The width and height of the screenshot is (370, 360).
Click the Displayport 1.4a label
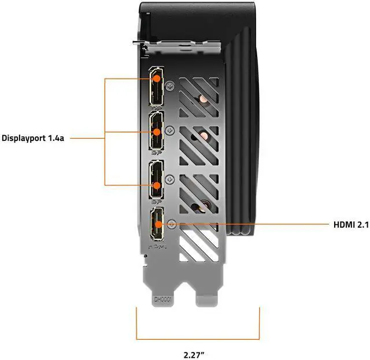click(x=32, y=138)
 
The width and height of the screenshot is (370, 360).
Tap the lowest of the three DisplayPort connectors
click(x=157, y=182)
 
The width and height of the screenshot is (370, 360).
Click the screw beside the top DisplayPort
click(x=170, y=85)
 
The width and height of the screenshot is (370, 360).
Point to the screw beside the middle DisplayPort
click(x=170, y=130)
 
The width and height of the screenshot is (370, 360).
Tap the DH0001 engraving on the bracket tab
click(x=162, y=299)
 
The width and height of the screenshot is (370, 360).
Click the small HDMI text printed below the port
click(x=157, y=246)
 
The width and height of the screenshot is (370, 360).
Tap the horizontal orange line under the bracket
click(x=197, y=338)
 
